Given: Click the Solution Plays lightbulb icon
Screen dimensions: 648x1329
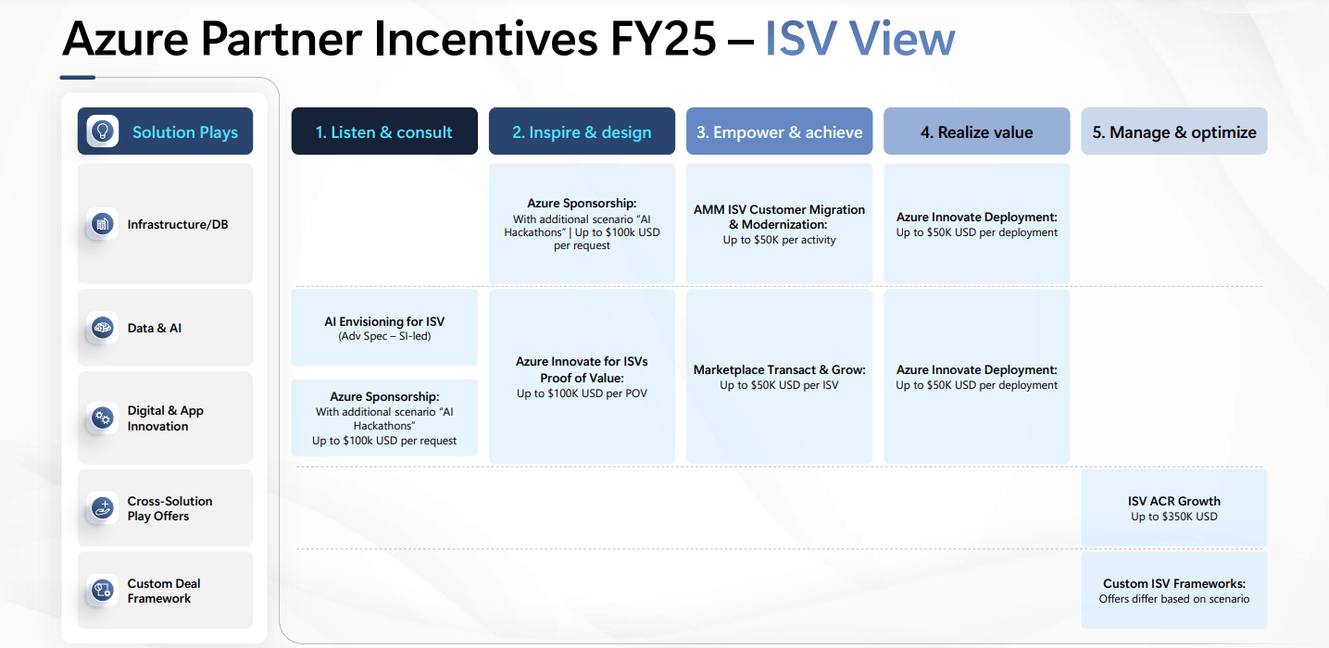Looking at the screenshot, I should point(103,131).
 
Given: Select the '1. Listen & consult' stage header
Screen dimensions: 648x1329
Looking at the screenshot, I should point(384,131).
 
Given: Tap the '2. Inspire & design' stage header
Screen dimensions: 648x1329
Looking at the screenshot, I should point(582,131).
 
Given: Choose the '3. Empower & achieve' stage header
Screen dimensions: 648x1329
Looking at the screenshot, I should point(779,131).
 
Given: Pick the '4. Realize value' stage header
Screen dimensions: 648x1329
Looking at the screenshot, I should point(976,131).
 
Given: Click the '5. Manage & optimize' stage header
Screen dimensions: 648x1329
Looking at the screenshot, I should point(1173,131).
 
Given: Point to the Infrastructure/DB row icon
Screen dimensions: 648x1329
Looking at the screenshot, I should point(102,224).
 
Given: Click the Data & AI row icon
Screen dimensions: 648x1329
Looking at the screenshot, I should point(102,328).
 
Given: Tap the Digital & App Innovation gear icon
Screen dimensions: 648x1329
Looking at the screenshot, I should point(102,418).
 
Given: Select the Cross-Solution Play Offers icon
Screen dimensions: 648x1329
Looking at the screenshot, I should point(102,508).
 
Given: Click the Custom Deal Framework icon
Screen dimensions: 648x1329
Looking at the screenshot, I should point(102,591).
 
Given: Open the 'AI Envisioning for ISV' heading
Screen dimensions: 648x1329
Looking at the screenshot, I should point(384,321).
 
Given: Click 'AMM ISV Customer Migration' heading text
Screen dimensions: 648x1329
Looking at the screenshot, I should point(779,209).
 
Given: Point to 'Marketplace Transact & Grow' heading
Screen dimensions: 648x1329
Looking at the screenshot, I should point(779,369).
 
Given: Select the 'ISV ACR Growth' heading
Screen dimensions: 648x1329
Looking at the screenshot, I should point(1173,501).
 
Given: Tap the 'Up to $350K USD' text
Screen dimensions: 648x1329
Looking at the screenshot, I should point(1173,517).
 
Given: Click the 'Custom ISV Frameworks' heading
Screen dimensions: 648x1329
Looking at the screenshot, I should point(1173,583).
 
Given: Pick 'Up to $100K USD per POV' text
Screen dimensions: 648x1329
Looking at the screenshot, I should point(582,393).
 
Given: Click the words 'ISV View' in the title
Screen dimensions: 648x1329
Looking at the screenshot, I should point(859,39).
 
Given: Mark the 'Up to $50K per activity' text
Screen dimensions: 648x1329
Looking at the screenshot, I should point(779,240).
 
